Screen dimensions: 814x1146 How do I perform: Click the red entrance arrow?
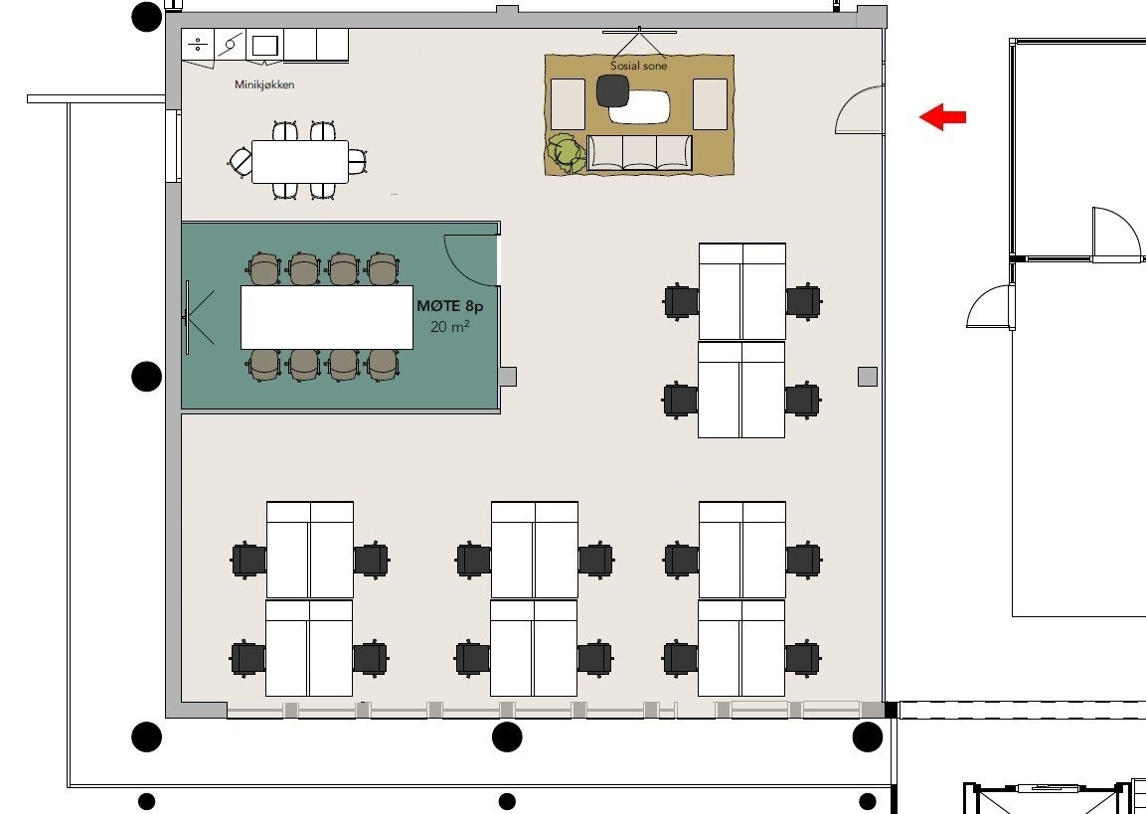click(942, 117)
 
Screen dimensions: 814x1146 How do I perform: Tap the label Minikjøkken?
click(264, 85)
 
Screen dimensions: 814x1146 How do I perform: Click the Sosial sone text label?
click(638, 67)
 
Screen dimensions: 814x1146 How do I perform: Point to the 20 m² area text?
click(450, 327)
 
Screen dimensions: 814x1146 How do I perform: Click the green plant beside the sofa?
click(567, 153)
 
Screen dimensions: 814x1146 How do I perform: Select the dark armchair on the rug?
click(612, 90)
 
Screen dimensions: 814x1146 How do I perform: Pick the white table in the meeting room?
click(327, 317)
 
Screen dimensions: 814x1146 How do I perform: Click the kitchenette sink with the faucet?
click(231, 45)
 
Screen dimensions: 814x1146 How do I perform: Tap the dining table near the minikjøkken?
click(299, 161)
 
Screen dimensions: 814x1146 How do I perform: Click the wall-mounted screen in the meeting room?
click(187, 317)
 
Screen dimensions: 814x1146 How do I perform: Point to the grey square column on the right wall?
click(868, 376)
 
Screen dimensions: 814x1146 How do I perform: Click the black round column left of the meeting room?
click(147, 377)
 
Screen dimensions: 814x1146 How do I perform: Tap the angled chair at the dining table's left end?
click(241, 161)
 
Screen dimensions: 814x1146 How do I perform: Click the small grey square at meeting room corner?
click(507, 376)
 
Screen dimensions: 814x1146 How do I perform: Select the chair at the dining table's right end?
click(357, 161)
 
